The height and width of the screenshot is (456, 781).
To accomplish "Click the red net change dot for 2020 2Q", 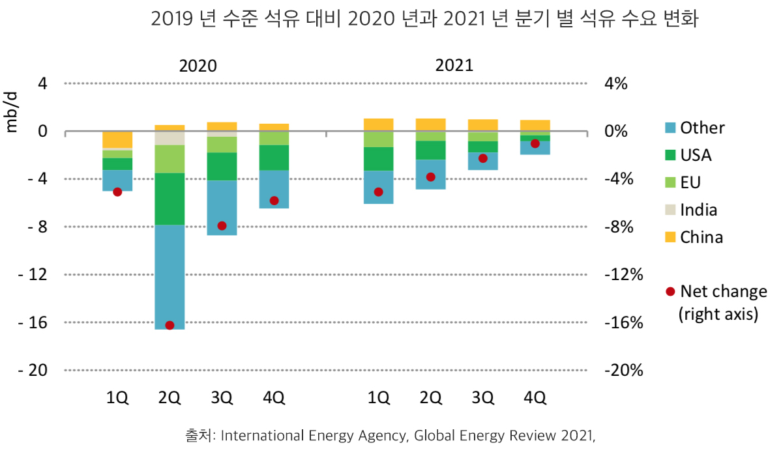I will coord(169,325).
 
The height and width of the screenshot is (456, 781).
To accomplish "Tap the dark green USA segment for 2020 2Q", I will coord(169,199).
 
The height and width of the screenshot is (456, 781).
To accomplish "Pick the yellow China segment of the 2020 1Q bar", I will coord(117,139).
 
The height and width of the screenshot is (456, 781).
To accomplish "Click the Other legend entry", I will coord(701,128).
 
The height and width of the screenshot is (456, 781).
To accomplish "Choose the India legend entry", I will coord(698,210).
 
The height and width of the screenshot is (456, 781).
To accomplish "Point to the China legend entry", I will coord(701,237).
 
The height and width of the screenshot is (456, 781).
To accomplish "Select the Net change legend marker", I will coord(670,291).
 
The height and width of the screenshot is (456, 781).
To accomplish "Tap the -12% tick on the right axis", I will coord(624,274).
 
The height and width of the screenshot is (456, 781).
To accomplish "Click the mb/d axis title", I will coord(11,112).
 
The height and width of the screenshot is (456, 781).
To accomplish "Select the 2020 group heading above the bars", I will coord(198,66).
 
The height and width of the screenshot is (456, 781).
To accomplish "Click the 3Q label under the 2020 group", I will coord(222,398).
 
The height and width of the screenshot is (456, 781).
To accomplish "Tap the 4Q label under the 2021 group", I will coord(535,398).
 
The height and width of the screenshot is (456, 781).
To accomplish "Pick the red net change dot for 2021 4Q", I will coord(535,143).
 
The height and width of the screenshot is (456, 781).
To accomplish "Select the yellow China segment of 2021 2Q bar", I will coord(430,124).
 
